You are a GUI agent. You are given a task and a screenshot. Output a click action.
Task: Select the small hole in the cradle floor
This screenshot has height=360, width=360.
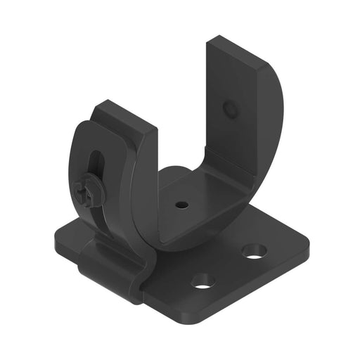181,205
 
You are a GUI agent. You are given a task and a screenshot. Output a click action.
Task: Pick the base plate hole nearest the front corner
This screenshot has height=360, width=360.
202,281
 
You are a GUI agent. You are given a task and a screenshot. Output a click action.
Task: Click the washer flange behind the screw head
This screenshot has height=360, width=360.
94,195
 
